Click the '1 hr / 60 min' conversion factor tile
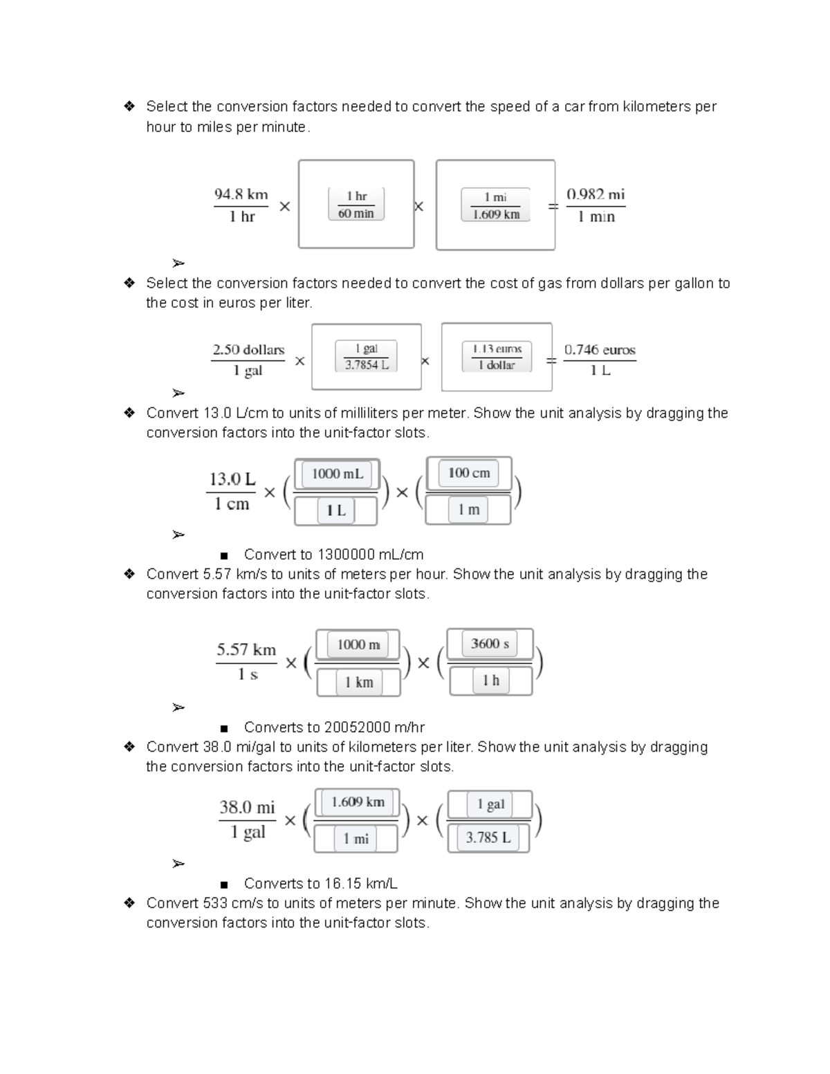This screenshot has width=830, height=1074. pyautogui.click(x=356, y=205)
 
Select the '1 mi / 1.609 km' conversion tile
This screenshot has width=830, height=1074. pyautogui.click(x=495, y=205)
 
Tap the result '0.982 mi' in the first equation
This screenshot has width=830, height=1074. pyautogui.click(x=596, y=195)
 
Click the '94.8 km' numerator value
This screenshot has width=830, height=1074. pyautogui.click(x=241, y=195)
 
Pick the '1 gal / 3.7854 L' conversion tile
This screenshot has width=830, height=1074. pyautogui.click(x=366, y=357)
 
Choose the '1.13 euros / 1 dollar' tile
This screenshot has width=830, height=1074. pyautogui.click(x=497, y=357)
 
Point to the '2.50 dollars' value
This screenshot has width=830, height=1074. pyautogui.click(x=248, y=350)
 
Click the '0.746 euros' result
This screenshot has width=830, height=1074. pyautogui.click(x=600, y=350)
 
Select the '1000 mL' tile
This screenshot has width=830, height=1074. pyautogui.click(x=337, y=474)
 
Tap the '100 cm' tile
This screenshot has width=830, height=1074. pyautogui.click(x=469, y=474)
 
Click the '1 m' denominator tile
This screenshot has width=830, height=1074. pyautogui.click(x=468, y=510)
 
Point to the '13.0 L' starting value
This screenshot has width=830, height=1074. pyautogui.click(x=232, y=479)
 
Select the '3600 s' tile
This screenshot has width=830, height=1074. pyautogui.click(x=490, y=644)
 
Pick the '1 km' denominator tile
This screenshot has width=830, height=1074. pyautogui.click(x=359, y=683)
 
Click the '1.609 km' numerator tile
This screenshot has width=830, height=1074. pyautogui.click(x=358, y=802)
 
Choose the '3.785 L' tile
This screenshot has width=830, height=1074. pyautogui.click(x=488, y=838)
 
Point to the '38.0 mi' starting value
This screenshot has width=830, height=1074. pyautogui.click(x=247, y=808)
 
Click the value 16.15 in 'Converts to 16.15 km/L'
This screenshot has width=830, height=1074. pyautogui.click(x=343, y=884)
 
